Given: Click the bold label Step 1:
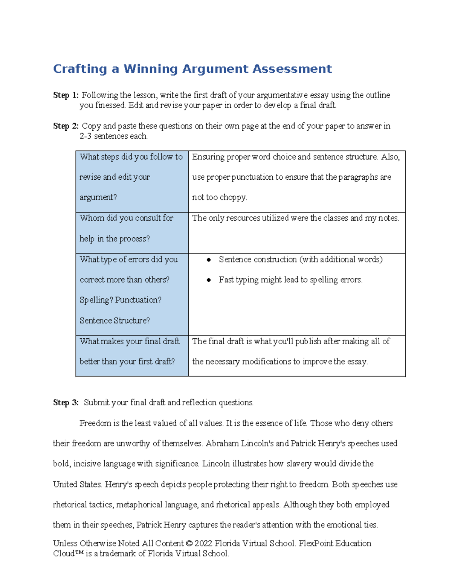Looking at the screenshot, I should coord(66,95).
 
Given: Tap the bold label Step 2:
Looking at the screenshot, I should coord(66,126).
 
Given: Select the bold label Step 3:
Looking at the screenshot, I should coord(66,403).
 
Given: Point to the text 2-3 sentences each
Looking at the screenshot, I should coord(113,136).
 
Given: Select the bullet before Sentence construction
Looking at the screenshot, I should coord(209,260).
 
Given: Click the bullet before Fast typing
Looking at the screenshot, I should coord(209,280).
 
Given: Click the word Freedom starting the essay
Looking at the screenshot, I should coord(94,423).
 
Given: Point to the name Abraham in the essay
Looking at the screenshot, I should coord(217,444).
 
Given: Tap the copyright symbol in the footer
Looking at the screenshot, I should coord(189,544).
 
